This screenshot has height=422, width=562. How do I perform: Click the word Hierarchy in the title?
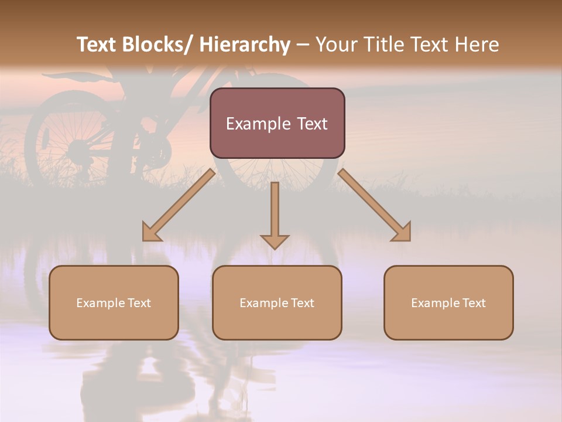(245, 45)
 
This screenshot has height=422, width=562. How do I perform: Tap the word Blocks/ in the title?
(159, 45)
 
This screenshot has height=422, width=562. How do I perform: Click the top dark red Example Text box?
(277, 123)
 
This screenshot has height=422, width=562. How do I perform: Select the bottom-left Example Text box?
(114, 302)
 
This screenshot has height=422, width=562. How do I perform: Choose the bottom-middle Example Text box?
(277, 302)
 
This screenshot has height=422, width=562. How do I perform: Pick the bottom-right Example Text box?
(448, 302)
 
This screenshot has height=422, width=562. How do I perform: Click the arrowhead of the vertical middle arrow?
(275, 241)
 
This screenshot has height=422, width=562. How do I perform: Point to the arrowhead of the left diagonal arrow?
(150, 233)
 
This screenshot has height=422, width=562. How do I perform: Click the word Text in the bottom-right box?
(474, 303)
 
